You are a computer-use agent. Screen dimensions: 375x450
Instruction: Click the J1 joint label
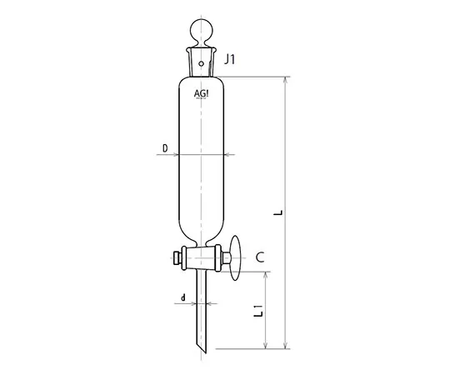coord(232,60)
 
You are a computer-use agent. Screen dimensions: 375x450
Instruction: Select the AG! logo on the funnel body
coord(202,93)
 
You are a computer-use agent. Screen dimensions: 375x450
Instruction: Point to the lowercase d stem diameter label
coord(182,297)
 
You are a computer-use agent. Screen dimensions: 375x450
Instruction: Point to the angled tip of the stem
coord(202,351)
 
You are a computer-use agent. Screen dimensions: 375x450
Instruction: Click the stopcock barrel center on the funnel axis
coord(202,258)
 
